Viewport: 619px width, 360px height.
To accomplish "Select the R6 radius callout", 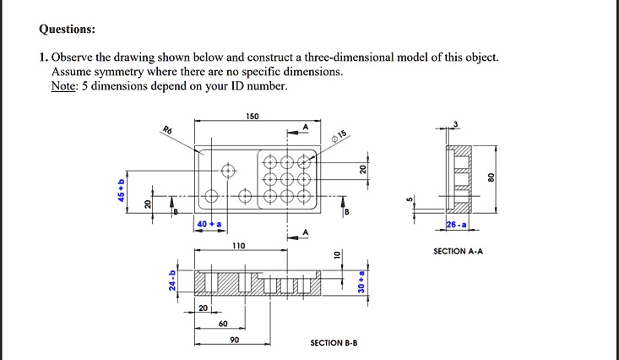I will click(168, 129).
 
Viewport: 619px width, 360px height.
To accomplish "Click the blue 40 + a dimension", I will click(209, 223).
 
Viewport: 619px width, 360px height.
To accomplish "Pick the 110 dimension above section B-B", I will click(239, 245).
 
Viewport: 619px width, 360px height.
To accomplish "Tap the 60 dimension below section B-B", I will click(223, 325).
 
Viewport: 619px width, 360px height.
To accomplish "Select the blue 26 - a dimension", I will click(456, 223).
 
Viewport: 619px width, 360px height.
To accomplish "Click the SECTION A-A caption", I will click(458, 251).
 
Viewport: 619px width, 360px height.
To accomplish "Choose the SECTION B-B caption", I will click(334, 343).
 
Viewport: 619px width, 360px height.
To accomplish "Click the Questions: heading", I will click(68, 30).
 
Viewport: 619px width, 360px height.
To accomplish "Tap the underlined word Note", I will click(63, 86).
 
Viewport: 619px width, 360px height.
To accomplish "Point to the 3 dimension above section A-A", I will click(457, 125).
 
